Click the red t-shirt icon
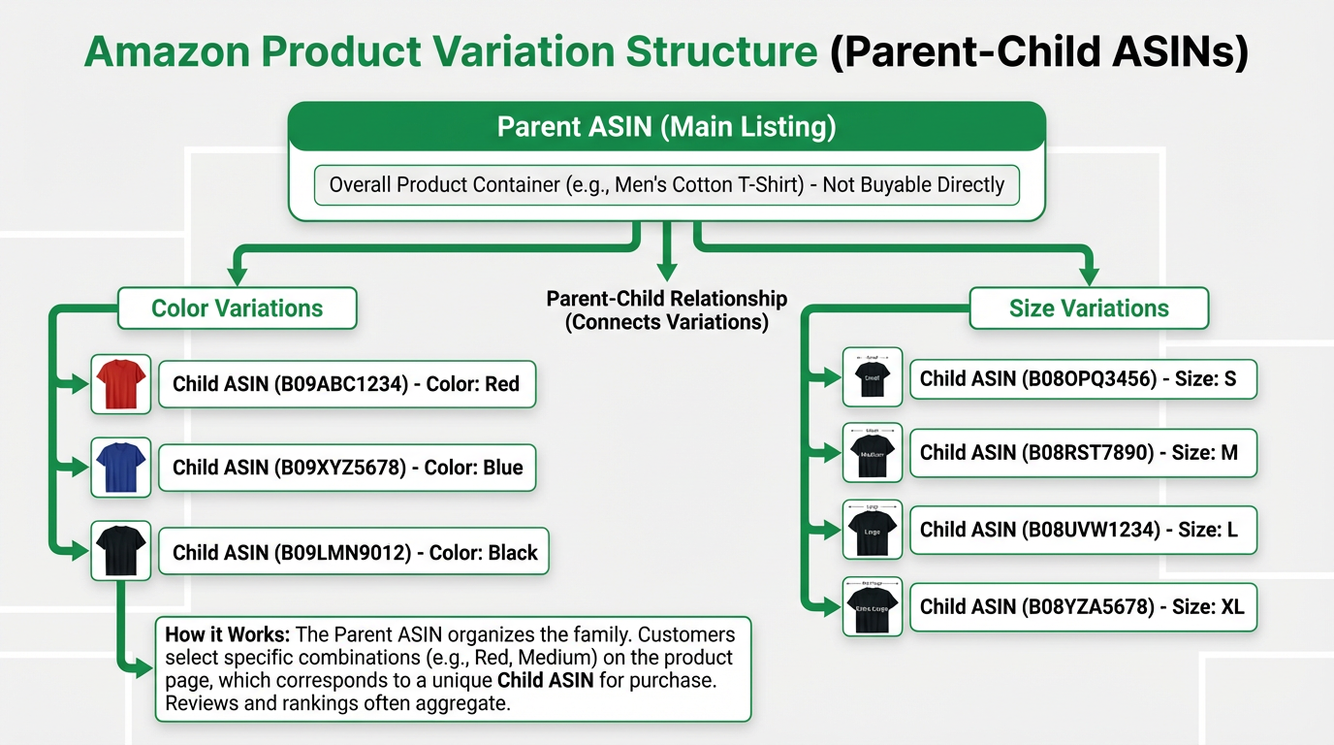click(x=120, y=383)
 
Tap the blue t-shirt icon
click(x=120, y=468)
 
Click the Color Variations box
click(x=238, y=308)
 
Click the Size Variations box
click(x=1089, y=308)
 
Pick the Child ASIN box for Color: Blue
click(x=347, y=468)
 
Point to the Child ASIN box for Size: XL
click(x=1082, y=607)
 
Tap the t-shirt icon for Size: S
click(x=873, y=377)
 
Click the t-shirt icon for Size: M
click(x=873, y=452)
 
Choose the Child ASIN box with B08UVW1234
click(x=1082, y=530)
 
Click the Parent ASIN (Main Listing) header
click(x=666, y=127)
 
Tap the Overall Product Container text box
click(x=666, y=184)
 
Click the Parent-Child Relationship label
click(x=666, y=310)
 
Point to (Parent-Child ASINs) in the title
click(x=1038, y=52)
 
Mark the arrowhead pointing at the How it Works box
click(x=145, y=666)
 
